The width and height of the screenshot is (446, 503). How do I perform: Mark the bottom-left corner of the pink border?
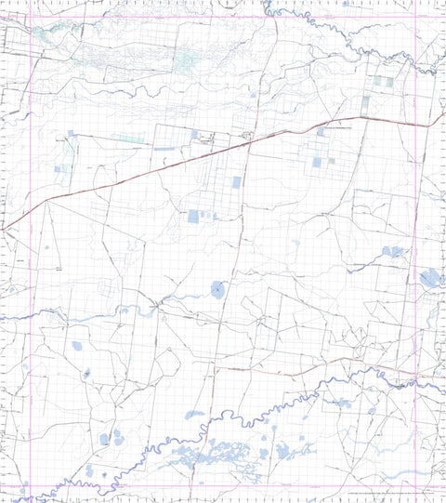point(31,484)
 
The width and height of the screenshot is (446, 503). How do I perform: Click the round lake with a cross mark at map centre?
point(217,290)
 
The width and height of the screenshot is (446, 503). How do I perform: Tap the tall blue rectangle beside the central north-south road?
point(236,182)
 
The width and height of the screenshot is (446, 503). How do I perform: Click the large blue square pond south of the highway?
point(193,217)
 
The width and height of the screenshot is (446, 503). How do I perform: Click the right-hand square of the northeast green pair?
point(388,81)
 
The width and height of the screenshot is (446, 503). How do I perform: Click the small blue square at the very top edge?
point(345,4)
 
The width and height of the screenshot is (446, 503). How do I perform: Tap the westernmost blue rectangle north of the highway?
point(64,169)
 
